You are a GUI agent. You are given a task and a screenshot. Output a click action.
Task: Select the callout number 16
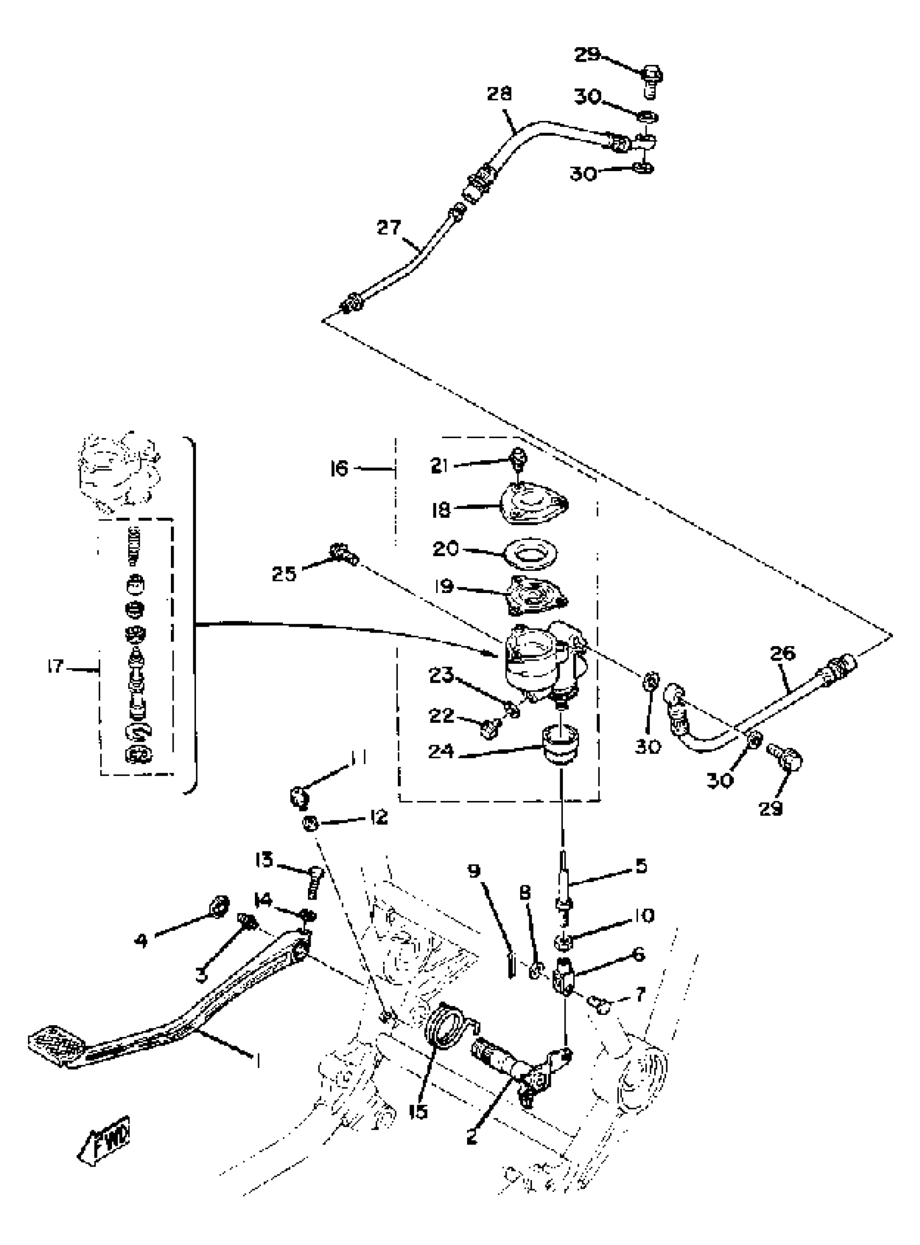click(x=339, y=468)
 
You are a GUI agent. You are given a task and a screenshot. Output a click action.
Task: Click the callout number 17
click(x=56, y=666)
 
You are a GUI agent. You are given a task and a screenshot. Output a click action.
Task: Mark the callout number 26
click(x=783, y=653)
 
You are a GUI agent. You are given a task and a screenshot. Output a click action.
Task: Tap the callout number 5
click(x=641, y=865)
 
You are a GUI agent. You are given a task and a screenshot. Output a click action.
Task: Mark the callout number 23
click(x=442, y=676)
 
